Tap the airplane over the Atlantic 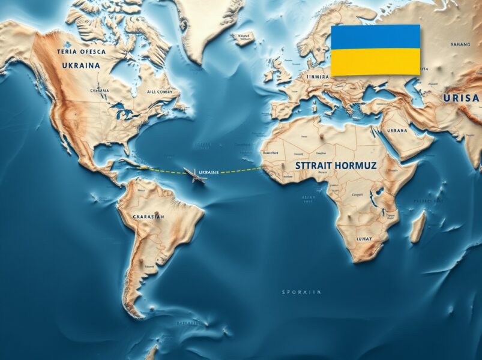pyautogui.click(x=194, y=175)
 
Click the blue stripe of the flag pyautogui.click(x=375, y=37)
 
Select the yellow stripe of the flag pyautogui.click(x=375, y=62)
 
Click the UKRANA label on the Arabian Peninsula pyautogui.click(x=397, y=130)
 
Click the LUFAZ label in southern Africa pyautogui.click(x=363, y=238)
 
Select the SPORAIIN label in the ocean pyautogui.click(x=301, y=292)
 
